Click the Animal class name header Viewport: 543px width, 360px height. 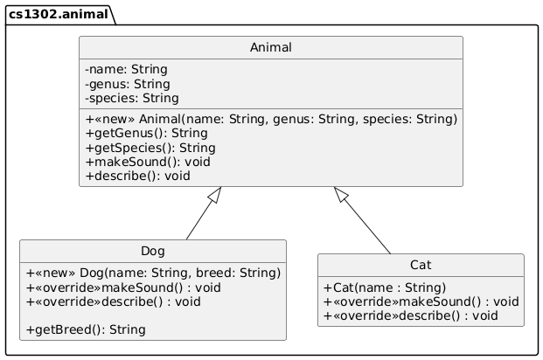(x=270, y=49)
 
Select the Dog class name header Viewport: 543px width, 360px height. (x=152, y=252)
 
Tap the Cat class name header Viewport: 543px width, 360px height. (x=421, y=266)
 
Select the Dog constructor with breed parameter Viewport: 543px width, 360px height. (x=153, y=273)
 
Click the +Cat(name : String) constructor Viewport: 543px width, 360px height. (x=385, y=287)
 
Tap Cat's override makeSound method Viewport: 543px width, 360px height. (x=421, y=301)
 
